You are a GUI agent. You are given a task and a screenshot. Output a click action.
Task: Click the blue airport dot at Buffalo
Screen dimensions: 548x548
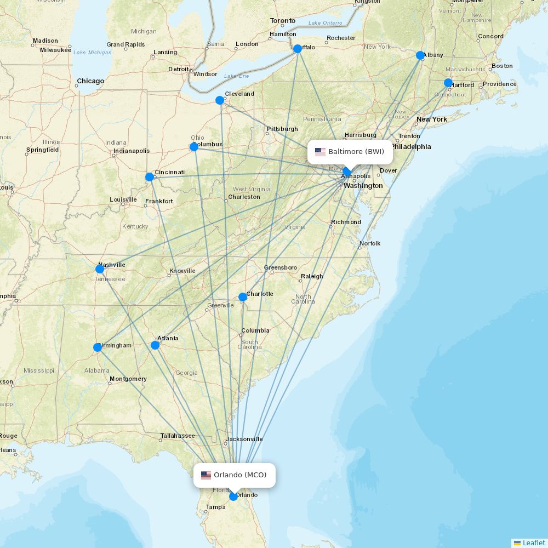pyautogui.click(x=298, y=49)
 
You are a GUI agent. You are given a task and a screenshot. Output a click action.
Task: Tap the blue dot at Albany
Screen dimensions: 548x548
pyautogui.click(x=420, y=55)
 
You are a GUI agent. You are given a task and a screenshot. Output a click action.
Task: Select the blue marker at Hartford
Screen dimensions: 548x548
pyautogui.click(x=448, y=83)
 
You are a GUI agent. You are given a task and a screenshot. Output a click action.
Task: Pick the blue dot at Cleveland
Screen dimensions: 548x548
pyautogui.click(x=220, y=100)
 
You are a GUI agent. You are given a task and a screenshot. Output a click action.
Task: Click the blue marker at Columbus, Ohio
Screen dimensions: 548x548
pyautogui.click(x=194, y=147)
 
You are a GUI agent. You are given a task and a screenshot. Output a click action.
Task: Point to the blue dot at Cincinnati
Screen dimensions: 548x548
pyautogui.click(x=150, y=177)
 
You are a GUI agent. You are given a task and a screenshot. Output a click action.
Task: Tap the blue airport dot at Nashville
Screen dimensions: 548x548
pyautogui.click(x=100, y=269)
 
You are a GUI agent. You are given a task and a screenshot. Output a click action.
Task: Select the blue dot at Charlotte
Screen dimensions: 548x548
pyautogui.click(x=243, y=297)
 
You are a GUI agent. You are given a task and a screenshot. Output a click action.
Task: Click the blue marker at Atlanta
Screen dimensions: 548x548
pyautogui.click(x=155, y=345)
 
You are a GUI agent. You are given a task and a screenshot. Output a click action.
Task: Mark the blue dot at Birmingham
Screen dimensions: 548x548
pyautogui.click(x=98, y=347)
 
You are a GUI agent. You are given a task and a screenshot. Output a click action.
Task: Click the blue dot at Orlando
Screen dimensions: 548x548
pyautogui.click(x=233, y=496)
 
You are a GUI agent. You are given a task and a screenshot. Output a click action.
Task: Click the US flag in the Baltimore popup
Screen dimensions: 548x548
pyautogui.click(x=320, y=152)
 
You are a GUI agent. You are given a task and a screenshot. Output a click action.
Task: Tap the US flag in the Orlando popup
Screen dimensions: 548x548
pyautogui.click(x=206, y=475)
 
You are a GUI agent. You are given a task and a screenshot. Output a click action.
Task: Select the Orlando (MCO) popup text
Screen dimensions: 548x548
pyautogui.click(x=240, y=475)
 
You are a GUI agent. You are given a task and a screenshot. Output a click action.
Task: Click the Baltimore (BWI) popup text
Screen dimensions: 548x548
pyautogui.click(x=356, y=152)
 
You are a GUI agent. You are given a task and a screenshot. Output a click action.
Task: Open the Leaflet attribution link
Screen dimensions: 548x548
pyautogui.click(x=534, y=543)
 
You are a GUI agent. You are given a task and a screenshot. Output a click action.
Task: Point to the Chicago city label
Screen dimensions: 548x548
pyautogui.click(x=90, y=81)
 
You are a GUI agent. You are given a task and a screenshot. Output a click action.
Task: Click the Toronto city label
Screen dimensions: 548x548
pyautogui.click(x=283, y=21)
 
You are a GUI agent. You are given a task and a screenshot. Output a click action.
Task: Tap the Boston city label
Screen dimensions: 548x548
pyautogui.click(x=502, y=66)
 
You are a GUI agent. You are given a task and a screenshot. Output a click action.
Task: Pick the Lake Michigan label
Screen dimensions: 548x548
pyautogui.click(x=92, y=53)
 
